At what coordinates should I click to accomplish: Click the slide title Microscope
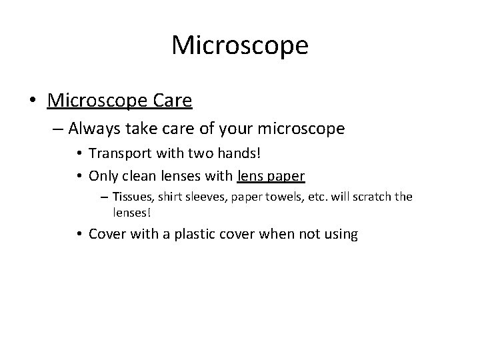pos(239,45)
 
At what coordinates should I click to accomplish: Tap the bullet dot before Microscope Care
pos(33,101)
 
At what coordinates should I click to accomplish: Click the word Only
pos(102,176)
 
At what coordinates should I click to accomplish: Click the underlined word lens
pos(251,176)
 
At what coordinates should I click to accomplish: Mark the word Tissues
pos(133,197)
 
